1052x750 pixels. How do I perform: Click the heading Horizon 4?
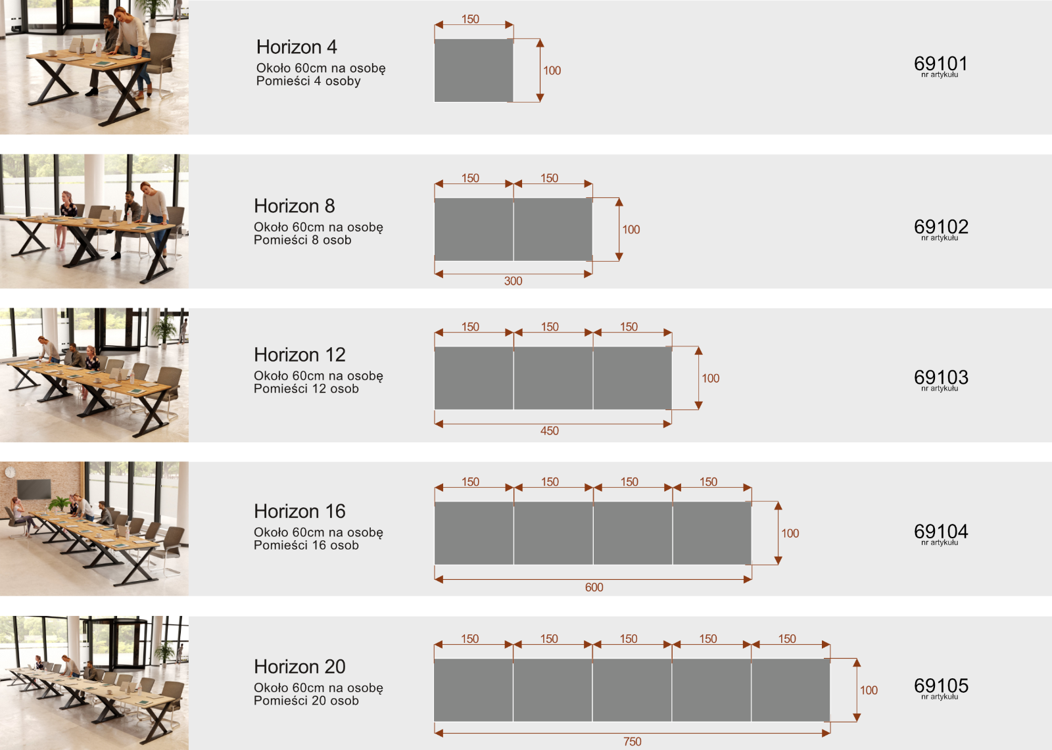click(297, 47)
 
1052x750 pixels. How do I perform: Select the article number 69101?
click(940, 63)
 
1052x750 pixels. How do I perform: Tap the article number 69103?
click(941, 377)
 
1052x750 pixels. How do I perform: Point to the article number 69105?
click(941, 685)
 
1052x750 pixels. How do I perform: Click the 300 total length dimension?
click(513, 281)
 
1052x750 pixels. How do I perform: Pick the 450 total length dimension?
click(550, 431)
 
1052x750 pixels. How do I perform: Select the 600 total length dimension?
click(594, 587)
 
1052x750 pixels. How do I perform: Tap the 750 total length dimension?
click(632, 741)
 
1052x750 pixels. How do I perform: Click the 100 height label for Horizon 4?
click(552, 70)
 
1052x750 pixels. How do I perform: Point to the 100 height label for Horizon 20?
click(869, 690)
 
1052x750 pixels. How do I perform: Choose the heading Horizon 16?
click(300, 511)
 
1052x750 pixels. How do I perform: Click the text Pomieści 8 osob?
click(302, 240)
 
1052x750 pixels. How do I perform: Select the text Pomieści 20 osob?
click(306, 701)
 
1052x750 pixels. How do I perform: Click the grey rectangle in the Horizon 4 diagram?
click(473, 70)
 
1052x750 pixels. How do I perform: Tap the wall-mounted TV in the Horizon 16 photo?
click(34, 489)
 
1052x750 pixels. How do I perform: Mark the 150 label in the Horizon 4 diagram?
click(470, 19)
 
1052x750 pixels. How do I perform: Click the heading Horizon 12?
click(300, 354)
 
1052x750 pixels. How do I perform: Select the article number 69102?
click(941, 226)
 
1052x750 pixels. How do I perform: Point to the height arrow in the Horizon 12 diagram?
click(698, 378)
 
